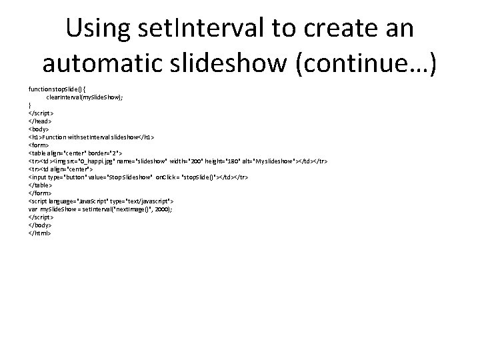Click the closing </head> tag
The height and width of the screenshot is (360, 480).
pyautogui.click(x=39, y=121)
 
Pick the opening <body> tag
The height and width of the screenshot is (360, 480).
pyautogui.click(x=39, y=129)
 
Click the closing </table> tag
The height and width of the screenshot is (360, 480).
pyautogui.click(x=40, y=185)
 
